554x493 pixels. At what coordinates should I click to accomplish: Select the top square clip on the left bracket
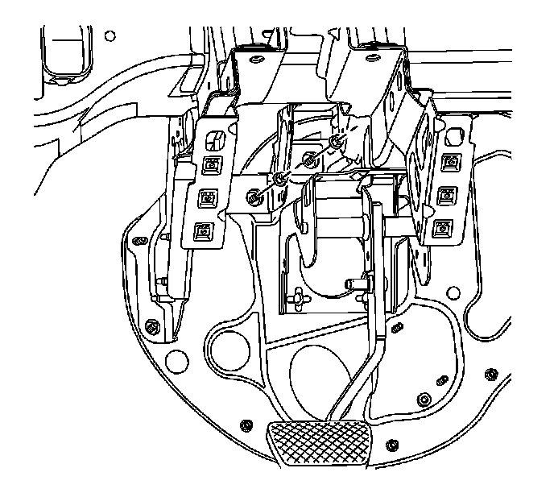(x=212, y=165)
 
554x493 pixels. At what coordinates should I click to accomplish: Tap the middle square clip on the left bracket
(x=208, y=197)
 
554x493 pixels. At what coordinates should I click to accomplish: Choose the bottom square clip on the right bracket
(x=442, y=229)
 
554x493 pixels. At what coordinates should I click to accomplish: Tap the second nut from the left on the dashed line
(x=279, y=179)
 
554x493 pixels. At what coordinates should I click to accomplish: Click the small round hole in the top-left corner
(x=110, y=37)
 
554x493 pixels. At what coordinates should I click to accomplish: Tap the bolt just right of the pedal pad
(x=391, y=445)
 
